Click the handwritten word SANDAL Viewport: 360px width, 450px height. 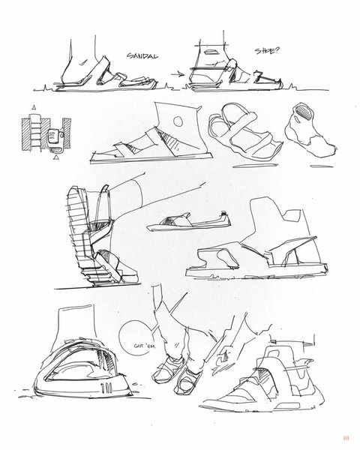tap(142, 55)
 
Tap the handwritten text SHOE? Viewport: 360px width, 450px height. tap(267, 51)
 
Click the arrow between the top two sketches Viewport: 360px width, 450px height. tap(178, 74)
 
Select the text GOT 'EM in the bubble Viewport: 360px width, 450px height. tap(145, 346)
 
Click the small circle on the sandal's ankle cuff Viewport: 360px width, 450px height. tap(178, 121)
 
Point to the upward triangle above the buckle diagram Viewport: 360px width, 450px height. tap(34, 107)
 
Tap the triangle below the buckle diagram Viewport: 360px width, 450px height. tap(57, 157)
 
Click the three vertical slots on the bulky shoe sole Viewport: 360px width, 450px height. tap(106, 388)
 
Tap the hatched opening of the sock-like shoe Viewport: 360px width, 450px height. tap(304, 112)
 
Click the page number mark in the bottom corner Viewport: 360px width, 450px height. tap(346, 438)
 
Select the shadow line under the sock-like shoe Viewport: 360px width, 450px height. tap(322, 166)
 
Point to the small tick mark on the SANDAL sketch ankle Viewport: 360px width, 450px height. tap(83, 62)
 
